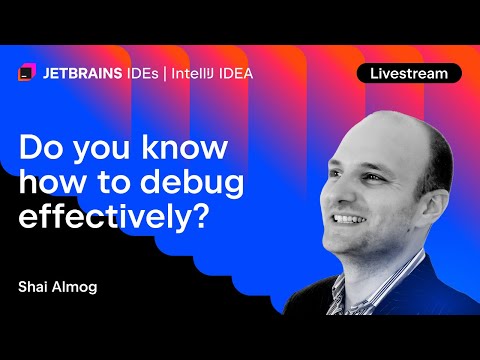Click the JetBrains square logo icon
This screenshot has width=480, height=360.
(26, 73)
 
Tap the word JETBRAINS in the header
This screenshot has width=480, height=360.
(82, 73)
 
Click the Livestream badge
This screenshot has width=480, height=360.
(409, 73)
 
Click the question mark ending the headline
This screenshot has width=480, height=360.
(198, 219)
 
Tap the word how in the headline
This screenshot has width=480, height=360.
(52, 183)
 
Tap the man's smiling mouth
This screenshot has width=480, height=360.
(351, 218)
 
